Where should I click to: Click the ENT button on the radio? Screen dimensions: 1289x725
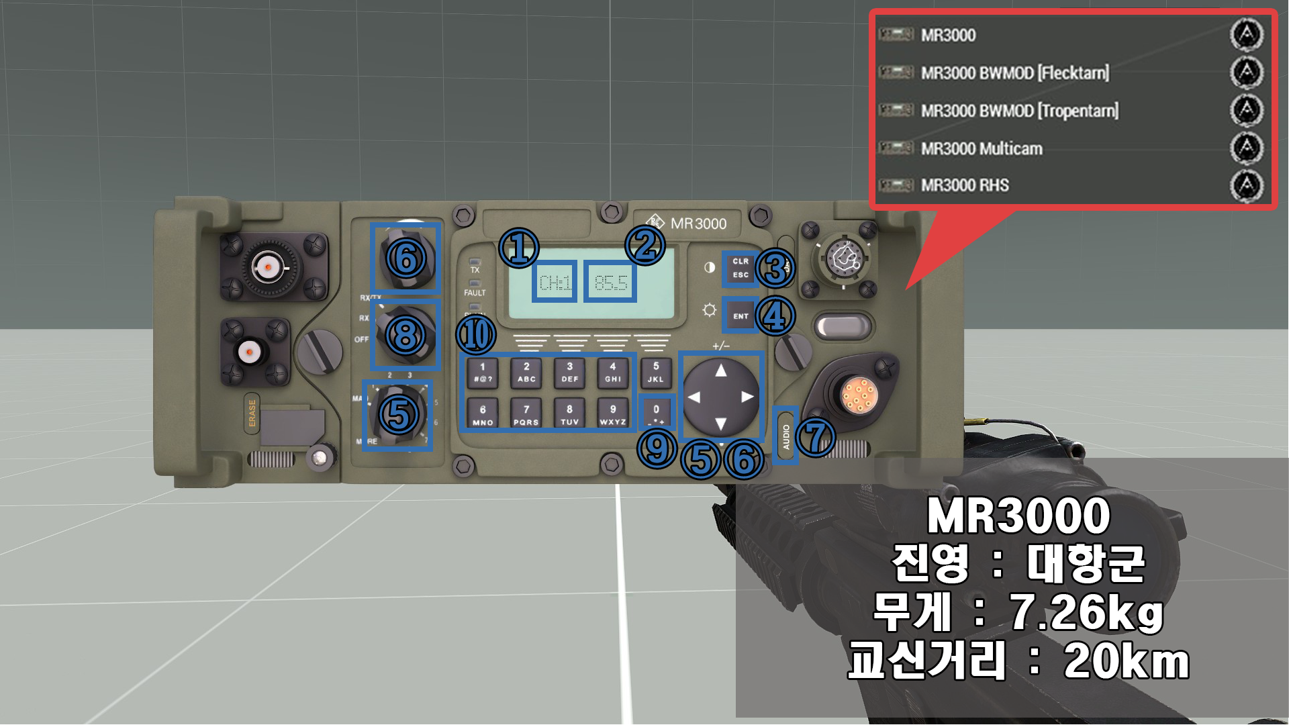741,316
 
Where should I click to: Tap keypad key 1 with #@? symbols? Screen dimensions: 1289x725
482,373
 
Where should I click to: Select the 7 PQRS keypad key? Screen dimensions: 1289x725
526,414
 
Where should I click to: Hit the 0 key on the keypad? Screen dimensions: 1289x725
656,412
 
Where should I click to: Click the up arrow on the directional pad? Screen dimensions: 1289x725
720,371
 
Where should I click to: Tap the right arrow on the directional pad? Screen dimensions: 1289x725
747,397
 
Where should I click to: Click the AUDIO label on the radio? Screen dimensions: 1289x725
785,436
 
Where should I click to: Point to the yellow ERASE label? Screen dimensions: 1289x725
252,413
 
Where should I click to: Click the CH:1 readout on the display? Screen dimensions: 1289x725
555,282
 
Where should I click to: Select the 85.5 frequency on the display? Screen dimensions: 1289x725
610,282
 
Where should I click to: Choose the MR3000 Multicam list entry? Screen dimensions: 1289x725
981,148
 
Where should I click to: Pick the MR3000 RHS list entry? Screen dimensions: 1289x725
964,185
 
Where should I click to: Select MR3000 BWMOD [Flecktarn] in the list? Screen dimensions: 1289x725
1014,72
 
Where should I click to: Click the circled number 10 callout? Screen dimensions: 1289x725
476,334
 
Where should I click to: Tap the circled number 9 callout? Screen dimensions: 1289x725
657,448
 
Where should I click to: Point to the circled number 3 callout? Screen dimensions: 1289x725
775,269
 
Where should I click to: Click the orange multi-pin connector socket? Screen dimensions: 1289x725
859,394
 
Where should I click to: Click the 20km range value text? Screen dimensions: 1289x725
1126,661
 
